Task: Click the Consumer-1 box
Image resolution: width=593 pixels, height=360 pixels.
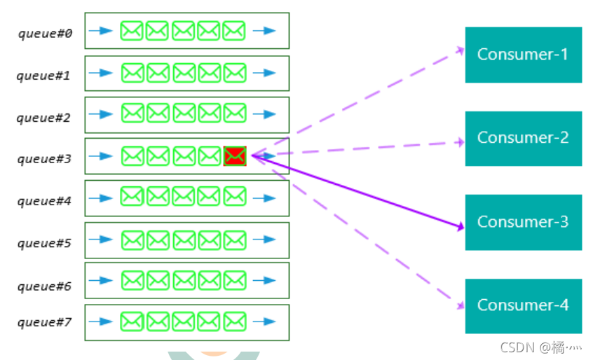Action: point(523,55)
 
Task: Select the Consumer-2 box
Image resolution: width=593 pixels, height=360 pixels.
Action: point(523,138)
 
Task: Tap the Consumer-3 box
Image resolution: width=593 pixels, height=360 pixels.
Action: point(523,222)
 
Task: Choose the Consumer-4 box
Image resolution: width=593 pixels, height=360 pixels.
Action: point(523,305)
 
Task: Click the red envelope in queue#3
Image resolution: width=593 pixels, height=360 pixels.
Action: point(235,156)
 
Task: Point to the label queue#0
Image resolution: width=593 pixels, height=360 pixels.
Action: point(46,33)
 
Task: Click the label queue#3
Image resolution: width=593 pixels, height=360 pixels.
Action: point(45,159)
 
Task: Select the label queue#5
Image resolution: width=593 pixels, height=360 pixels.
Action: point(45,243)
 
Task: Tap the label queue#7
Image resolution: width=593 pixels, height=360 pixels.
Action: point(45,322)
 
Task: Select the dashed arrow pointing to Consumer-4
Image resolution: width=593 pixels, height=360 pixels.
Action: point(357,231)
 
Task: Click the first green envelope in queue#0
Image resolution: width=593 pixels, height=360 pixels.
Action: point(132,31)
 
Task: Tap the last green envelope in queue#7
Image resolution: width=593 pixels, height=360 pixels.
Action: point(234,321)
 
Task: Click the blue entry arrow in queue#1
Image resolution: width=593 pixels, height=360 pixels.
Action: point(101,73)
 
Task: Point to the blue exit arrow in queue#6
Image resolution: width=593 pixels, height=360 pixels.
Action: point(264,281)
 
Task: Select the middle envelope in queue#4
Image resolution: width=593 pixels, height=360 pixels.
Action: point(183,197)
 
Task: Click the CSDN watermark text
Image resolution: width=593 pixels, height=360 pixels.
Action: point(533,347)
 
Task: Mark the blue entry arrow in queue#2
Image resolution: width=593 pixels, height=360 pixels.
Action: point(101,114)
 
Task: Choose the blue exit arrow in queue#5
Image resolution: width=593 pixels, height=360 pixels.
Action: point(264,240)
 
